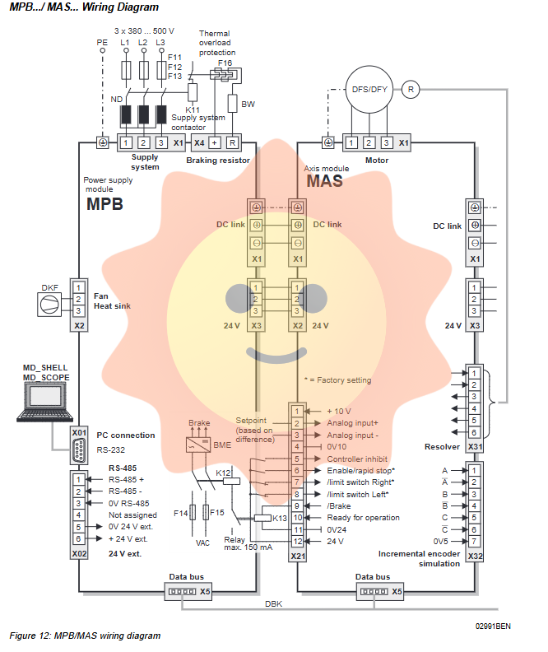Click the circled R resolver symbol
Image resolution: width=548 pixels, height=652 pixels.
click(412, 88)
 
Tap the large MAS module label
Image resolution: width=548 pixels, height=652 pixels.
click(324, 181)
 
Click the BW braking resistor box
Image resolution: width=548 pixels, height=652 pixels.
click(233, 103)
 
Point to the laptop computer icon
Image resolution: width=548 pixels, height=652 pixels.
click(45, 403)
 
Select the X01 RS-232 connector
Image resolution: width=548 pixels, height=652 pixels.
click(79, 451)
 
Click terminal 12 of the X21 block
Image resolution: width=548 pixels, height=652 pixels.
click(297, 541)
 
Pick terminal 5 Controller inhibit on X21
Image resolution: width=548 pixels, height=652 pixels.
click(297, 459)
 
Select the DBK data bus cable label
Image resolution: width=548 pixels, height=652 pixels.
click(273, 603)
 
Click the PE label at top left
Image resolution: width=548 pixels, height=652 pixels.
click(102, 40)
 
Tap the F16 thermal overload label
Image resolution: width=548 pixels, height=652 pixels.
click(225, 63)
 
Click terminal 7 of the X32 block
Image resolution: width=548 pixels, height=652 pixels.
click(474, 541)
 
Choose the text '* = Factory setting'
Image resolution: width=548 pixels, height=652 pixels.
click(337, 380)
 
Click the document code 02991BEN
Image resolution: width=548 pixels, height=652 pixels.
click(493, 626)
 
